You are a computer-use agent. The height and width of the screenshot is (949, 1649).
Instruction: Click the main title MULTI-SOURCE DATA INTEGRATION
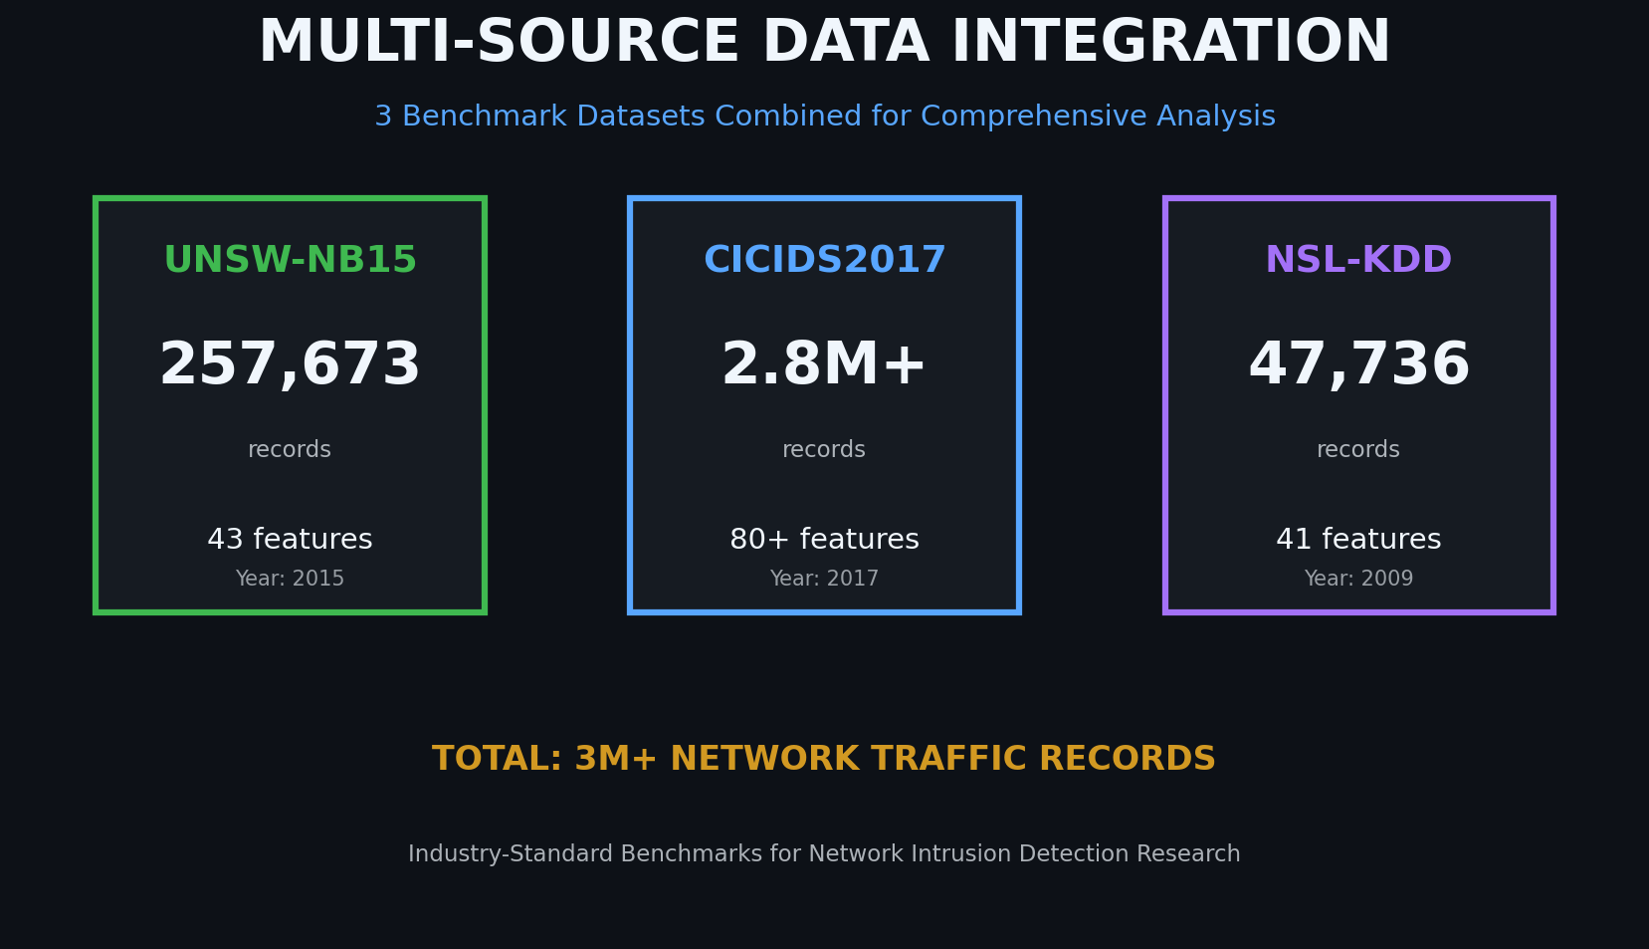coord(824,43)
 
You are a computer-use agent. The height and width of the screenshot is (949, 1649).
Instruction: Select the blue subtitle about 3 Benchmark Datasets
coord(824,117)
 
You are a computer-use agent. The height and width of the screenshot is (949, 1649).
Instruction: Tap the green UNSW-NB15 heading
coord(290,260)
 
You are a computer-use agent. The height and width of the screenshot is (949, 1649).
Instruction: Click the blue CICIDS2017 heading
coord(824,260)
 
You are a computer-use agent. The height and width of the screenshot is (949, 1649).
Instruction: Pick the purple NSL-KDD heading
coord(1358,260)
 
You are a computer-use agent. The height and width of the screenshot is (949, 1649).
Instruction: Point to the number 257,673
coord(290,364)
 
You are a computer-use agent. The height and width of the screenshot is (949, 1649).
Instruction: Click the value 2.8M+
coord(824,364)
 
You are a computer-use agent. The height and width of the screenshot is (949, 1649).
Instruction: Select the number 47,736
coord(1358,364)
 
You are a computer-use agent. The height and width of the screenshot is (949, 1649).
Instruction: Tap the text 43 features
coord(290,540)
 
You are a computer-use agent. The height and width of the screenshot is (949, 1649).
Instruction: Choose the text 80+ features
coord(824,540)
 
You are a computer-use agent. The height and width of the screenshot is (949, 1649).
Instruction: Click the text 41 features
coord(1358,540)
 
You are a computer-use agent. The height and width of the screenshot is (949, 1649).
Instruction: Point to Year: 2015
coord(290,579)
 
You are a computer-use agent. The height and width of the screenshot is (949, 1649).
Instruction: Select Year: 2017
coord(824,579)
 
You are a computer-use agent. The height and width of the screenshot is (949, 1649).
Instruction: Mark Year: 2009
coord(1358,579)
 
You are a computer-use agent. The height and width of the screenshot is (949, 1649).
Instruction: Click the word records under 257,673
coord(290,450)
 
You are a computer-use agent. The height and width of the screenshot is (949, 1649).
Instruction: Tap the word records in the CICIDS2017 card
coord(824,450)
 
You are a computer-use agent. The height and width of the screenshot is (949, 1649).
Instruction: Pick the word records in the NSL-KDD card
coord(1358,450)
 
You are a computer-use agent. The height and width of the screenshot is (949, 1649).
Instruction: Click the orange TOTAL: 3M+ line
coord(824,759)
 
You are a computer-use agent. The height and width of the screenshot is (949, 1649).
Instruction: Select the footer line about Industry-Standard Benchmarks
coord(824,854)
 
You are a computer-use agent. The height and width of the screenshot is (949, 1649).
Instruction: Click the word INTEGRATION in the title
coord(1170,43)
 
